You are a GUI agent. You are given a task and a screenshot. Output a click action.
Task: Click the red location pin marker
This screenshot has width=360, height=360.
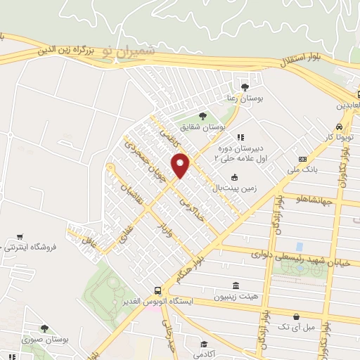point(181,165)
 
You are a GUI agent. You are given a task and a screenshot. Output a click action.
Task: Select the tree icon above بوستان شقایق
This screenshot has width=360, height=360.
point(202,115)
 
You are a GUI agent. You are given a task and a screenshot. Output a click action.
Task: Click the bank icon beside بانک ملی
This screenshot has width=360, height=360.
point(303,159)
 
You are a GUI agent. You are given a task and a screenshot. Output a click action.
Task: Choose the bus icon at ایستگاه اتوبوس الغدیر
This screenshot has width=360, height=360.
point(158,290)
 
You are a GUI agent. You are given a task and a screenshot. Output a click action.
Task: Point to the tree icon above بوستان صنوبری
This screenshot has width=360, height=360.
point(44,328)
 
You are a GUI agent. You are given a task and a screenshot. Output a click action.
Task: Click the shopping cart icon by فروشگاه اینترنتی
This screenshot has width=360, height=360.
point(20,237)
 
